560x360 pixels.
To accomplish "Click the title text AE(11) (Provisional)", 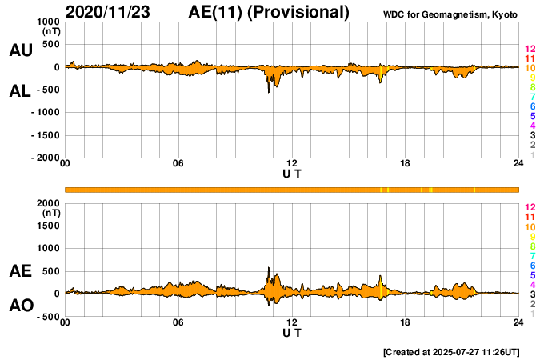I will [x=269, y=12].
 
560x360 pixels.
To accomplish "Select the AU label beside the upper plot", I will [x=20, y=50].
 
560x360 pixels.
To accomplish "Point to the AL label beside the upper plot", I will [x=20, y=91].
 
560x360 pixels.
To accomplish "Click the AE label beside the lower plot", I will [x=20, y=272].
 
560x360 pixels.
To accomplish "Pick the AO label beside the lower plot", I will [x=20, y=306].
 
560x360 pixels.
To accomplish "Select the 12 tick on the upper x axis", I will [x=292, y=164].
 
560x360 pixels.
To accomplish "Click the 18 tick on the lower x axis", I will [x=406, y=322].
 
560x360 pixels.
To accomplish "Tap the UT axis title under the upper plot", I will [x=292, y=174].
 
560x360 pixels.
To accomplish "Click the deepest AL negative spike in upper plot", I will [x=269, y=91].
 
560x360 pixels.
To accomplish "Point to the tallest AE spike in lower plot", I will [x=269, y=268].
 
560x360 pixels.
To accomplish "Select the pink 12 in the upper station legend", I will [x=530, y=50].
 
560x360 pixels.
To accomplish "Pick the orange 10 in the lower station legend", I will [x=530, y=226].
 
